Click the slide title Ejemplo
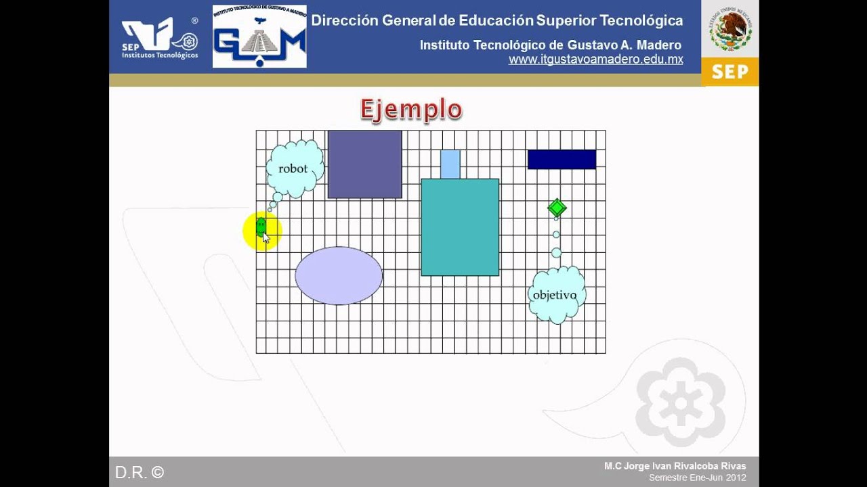410,110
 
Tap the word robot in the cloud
293,168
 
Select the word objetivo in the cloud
555,295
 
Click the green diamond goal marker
557,208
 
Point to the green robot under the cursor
261,227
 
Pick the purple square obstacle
364,164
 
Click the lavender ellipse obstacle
339,275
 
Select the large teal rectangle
460,227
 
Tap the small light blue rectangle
450,164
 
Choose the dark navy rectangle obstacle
562,160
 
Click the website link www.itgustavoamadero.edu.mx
595,60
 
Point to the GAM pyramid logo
259,37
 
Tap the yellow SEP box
729,72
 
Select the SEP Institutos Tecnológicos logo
160,39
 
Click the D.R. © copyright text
140,472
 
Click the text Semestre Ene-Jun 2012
697,478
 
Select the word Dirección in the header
344,20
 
